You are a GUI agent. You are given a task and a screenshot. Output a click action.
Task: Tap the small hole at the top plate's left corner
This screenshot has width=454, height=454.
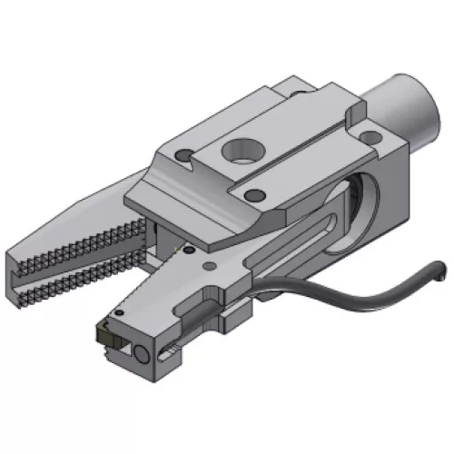[x=185, y=155]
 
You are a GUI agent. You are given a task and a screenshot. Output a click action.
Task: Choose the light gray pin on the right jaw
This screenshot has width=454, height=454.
[x=209, y=265]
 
